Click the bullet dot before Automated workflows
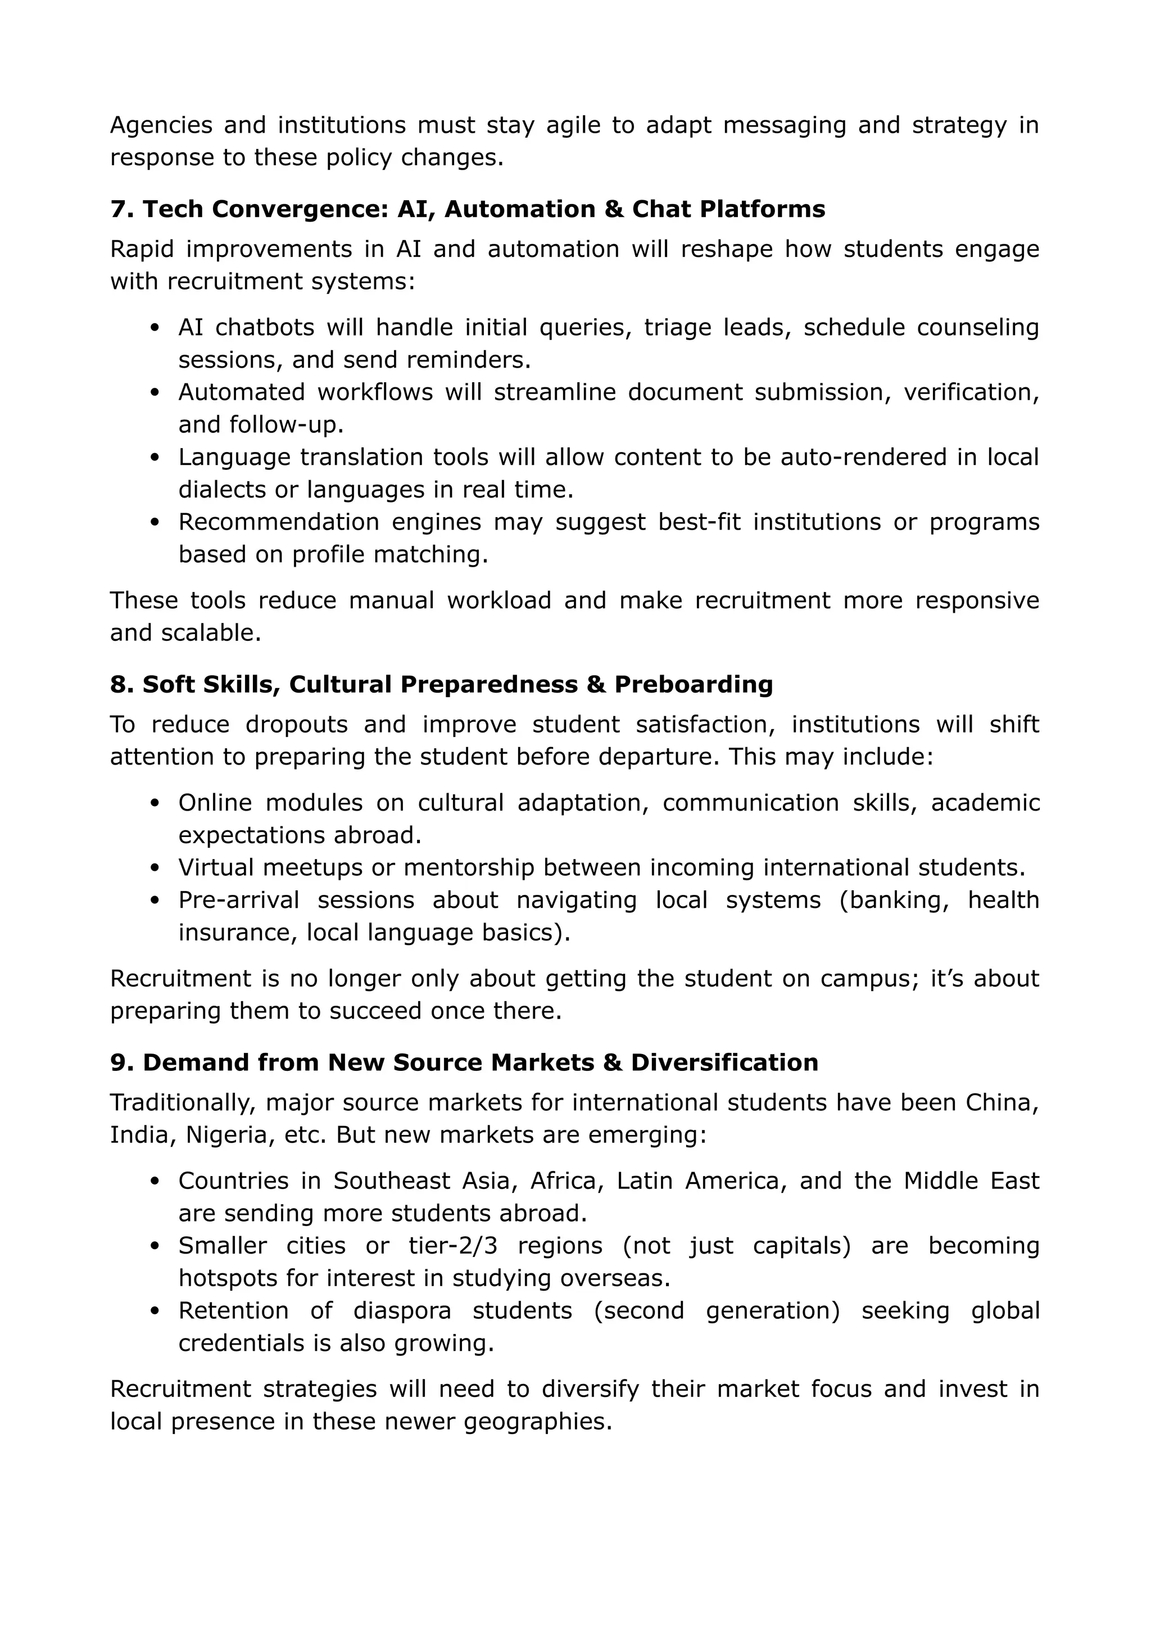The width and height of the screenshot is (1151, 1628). pyautogui.click(x=156, y=393)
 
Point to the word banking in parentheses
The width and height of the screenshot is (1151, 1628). pyautogui.click(x=899, y=900)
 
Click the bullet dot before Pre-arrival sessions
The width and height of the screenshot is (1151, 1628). pyautogui.click(x=156, y=901)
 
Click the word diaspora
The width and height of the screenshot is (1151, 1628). pyautogui.click(x=402, y=1310)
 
